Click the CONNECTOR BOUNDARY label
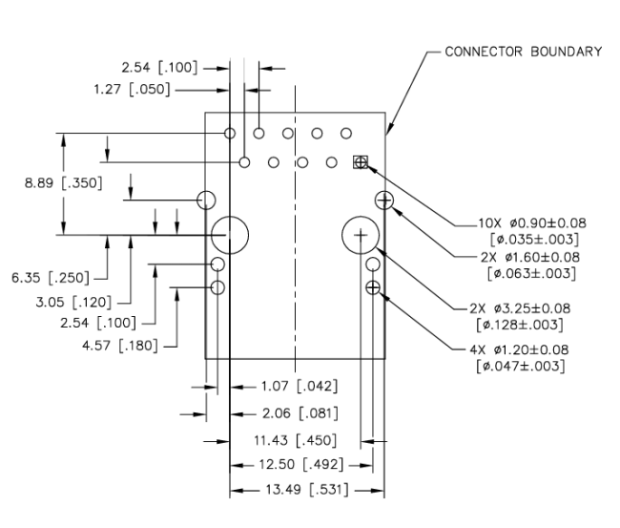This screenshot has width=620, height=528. (523, 52)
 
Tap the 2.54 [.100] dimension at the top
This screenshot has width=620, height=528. (161, 69)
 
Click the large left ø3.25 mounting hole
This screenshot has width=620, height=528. (230, 233)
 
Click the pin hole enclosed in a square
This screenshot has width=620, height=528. (361, 162)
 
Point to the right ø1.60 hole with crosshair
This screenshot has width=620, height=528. (384, 199)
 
